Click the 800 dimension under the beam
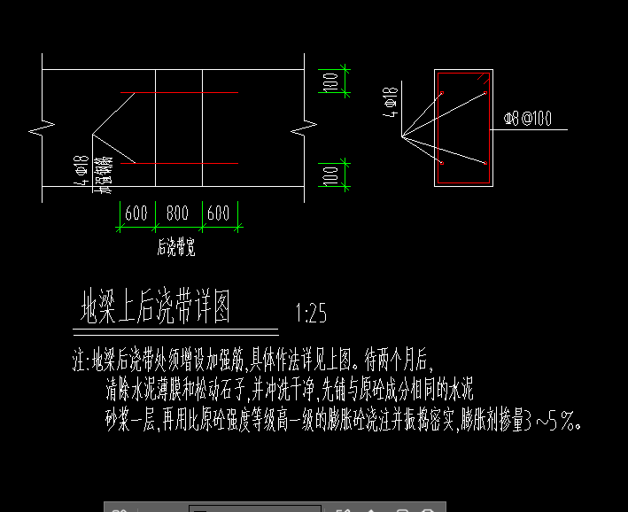coord(178,213)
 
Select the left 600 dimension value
coord(136,213)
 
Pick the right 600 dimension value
coord(218,213)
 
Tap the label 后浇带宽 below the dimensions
coord(176,248)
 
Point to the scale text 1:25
coord(311,313)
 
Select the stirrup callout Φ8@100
coord(527,118)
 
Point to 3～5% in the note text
coord(553,422)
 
